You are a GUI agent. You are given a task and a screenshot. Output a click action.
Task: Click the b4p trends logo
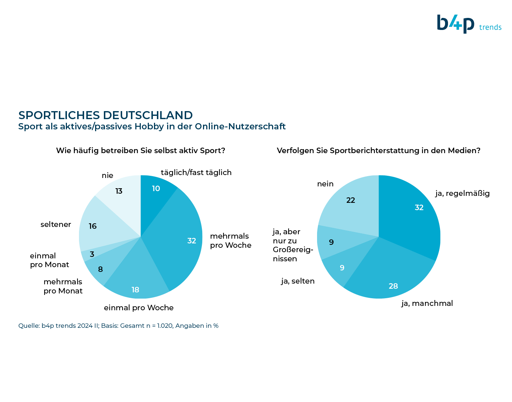coord(469,24)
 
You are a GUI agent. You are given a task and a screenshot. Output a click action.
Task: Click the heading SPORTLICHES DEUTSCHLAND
coord(106,115)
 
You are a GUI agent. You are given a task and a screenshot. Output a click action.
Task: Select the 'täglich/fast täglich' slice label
coord(196,172)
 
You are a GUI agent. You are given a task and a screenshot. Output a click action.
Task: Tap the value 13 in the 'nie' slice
coord(119,191)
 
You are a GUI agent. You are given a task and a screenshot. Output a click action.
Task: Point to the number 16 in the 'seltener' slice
coord(93,226)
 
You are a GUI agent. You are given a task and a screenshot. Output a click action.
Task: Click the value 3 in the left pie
coord(92,254)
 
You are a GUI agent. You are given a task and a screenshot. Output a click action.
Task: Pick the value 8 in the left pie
coord(100,269)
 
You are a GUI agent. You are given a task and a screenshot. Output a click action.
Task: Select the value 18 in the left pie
coord(135,290)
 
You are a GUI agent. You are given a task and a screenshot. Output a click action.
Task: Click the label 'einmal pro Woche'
coord(139,308)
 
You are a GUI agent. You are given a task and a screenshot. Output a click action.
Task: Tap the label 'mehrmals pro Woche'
coord(231,240)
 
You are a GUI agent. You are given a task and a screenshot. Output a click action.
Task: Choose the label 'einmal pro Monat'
coord(49,260)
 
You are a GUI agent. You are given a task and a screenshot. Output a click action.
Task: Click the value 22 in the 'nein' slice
coord(351,200)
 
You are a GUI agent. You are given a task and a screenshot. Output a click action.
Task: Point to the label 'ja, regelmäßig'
coord(463,193)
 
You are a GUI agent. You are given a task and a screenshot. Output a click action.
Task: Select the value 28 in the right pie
coord(393,286)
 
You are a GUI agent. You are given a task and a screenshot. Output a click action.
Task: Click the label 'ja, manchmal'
coord(427,303)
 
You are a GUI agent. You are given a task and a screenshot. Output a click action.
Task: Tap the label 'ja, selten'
coord(298,281)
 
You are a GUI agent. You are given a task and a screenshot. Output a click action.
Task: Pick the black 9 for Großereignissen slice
coord(331,242)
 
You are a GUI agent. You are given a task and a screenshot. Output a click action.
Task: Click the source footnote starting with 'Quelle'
coord(118,326)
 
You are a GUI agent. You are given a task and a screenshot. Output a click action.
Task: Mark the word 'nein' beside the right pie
coord(325,184)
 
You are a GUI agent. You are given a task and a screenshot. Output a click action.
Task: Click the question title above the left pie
coord(140,151)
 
